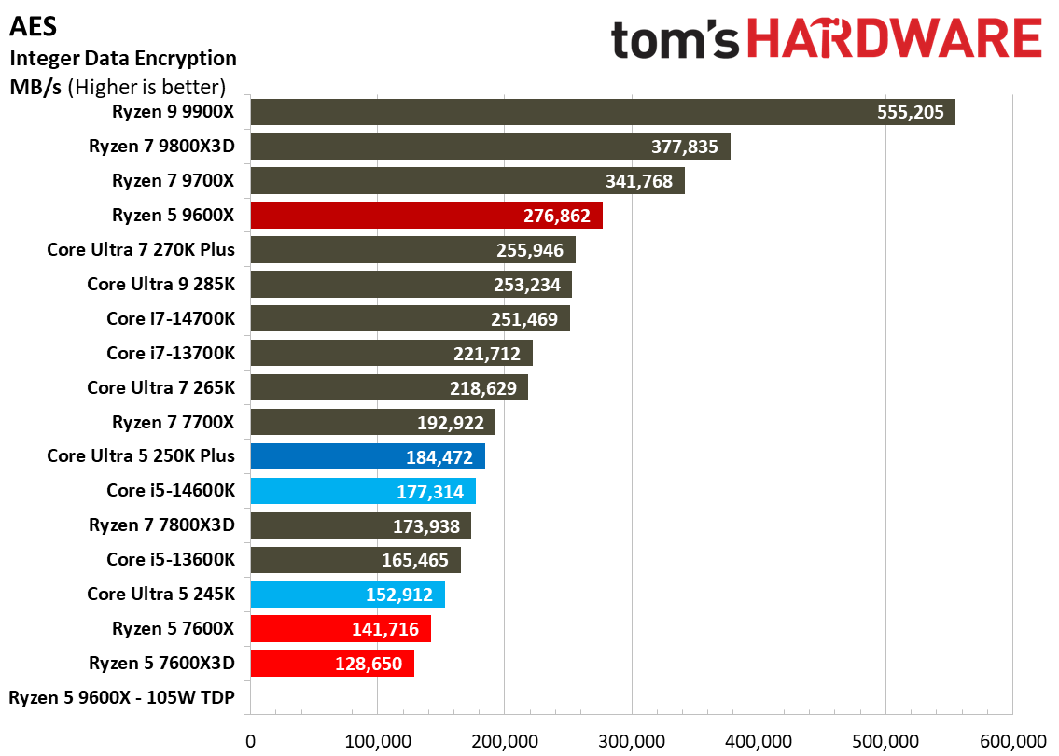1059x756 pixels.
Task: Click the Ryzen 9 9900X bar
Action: coord(602,112)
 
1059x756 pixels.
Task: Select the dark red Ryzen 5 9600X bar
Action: coord(425,216)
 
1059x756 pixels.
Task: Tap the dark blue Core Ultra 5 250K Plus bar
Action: coord(367,456)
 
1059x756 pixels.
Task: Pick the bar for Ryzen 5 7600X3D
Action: coord(331,664)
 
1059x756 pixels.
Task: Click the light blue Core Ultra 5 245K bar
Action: coord(347,595)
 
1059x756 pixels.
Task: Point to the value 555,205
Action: coord(911,113)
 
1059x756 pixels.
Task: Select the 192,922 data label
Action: coord(451,423)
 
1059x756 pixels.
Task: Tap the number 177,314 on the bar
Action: coord(431,492)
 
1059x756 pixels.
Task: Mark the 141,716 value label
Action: coord(386,629)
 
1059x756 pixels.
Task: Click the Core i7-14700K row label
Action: coord(171,319)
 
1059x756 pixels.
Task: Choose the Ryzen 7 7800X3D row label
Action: coord(161,525)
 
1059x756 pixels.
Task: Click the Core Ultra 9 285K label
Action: coord(160,284)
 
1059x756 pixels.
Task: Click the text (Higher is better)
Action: coord(147,88)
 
